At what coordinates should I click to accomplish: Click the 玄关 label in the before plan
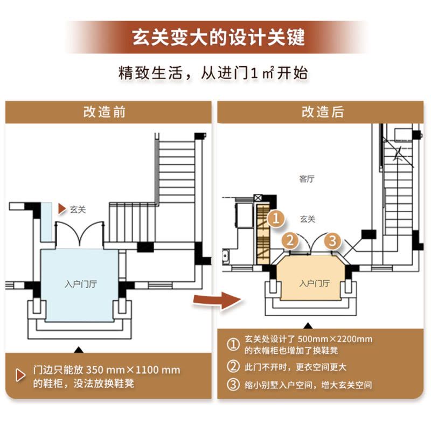point(78,209)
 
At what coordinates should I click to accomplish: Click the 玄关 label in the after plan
point(307,219)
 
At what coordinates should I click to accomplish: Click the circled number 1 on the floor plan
point(276,219)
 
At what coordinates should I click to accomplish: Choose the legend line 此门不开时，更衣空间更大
point(296,367)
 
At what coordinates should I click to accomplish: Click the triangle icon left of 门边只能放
point(20,376)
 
